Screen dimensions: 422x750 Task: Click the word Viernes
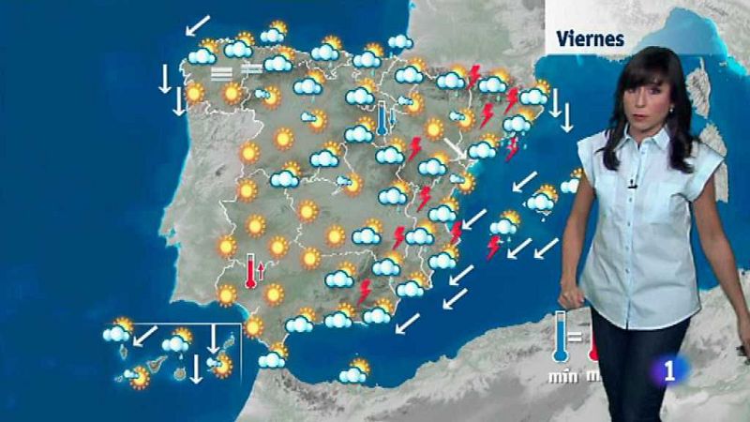591,38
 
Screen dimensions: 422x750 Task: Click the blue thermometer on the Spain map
382,119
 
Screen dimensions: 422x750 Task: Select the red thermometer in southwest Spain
250,271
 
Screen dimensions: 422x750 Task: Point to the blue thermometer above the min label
561,338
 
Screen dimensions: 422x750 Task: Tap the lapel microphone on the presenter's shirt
633,184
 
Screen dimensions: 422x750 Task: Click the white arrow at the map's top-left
198,24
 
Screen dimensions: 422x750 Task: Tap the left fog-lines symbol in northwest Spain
221,71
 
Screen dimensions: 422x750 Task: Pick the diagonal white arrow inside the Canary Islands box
145,334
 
